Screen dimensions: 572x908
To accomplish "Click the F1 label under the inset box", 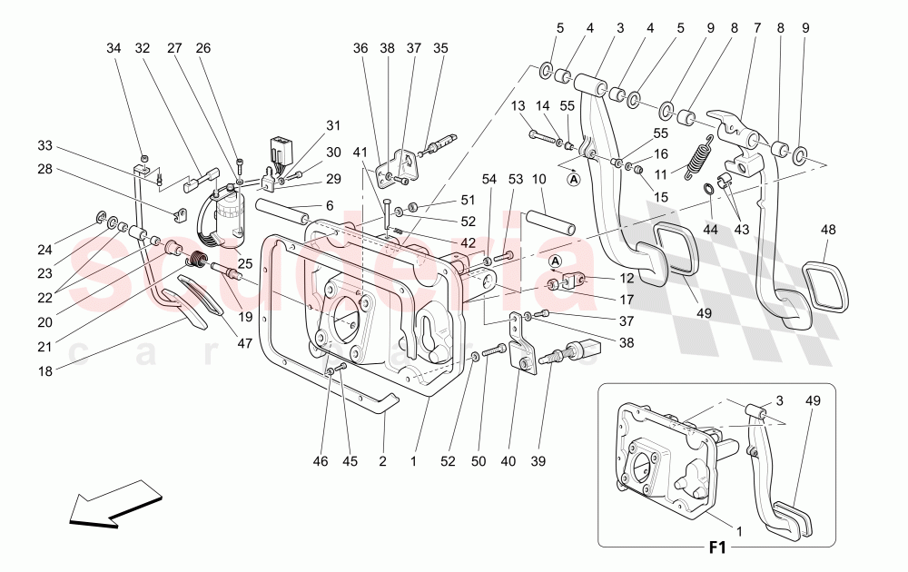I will [718, 548].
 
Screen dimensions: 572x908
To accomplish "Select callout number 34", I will [113, 48].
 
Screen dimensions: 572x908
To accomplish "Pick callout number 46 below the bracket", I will [320, 461].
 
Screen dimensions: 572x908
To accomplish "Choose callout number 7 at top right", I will [756, 28].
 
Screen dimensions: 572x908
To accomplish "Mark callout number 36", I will [360, 48].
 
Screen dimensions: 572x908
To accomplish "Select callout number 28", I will [45, 170].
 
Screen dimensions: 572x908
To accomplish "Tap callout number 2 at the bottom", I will [382, 461].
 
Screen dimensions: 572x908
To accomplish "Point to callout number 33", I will [45, 145].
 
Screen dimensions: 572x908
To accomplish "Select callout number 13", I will [518, 107].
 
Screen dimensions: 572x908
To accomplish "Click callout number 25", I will [244, 262].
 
